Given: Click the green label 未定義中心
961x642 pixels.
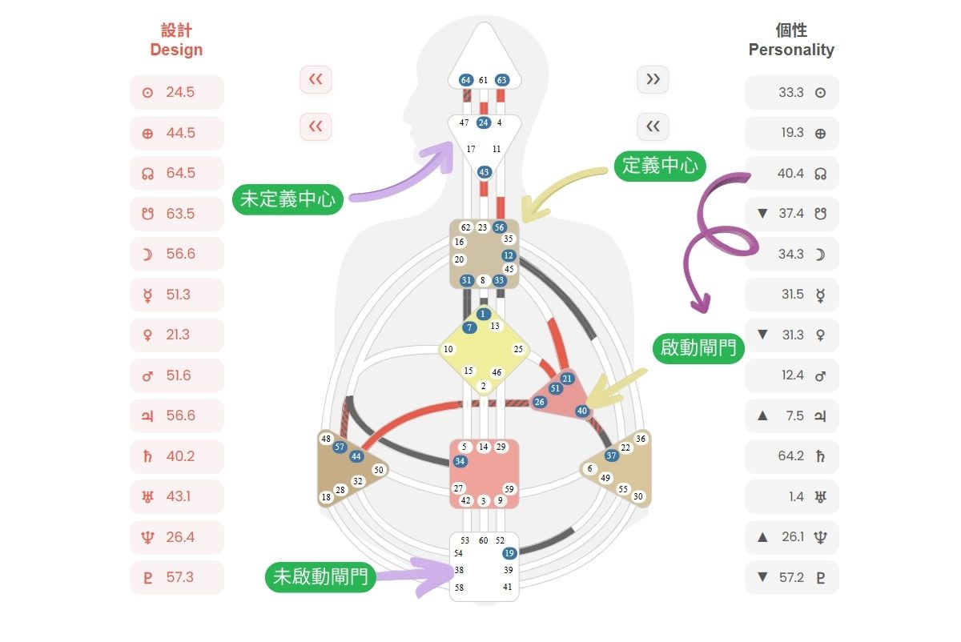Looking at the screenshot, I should tap(288, 199).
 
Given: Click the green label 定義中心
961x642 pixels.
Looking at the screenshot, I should tap(660, 167).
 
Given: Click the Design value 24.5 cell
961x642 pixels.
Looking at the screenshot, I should tap(177, 92).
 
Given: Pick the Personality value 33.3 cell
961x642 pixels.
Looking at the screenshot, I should tap(791, 92).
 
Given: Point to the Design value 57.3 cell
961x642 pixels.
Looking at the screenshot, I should tap(177, 577).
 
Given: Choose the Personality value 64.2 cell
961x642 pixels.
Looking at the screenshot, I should tap(791, 456).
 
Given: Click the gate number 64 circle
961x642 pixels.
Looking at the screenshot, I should tap(466, 80).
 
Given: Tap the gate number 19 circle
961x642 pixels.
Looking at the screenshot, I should tap(509, 553).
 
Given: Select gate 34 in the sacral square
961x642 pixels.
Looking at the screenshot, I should tap(460, 461).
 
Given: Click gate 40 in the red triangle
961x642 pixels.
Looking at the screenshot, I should tap(582, 411).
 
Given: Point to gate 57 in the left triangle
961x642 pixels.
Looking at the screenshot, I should tap(340, 447).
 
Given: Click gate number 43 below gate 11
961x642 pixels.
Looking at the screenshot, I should tap(484, 172).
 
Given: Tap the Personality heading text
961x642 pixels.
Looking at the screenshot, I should tap(791, 50).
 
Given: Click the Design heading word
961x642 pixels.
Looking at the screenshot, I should tap(176, 50).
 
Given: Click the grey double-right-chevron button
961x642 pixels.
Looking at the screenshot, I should tap(653, 79).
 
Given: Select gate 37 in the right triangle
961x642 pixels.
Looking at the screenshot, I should tap(612, 455).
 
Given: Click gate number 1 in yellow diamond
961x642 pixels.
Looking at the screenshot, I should tap(483, 314).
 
